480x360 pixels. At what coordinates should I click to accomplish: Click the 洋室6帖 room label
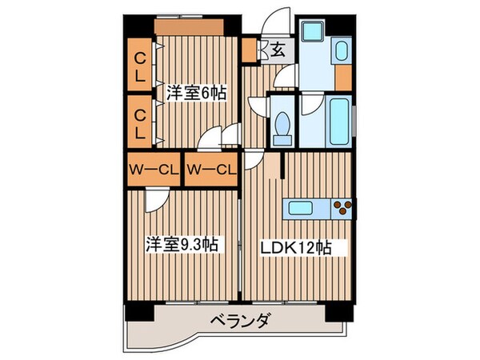195,94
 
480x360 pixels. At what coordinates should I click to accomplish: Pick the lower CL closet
139,120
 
